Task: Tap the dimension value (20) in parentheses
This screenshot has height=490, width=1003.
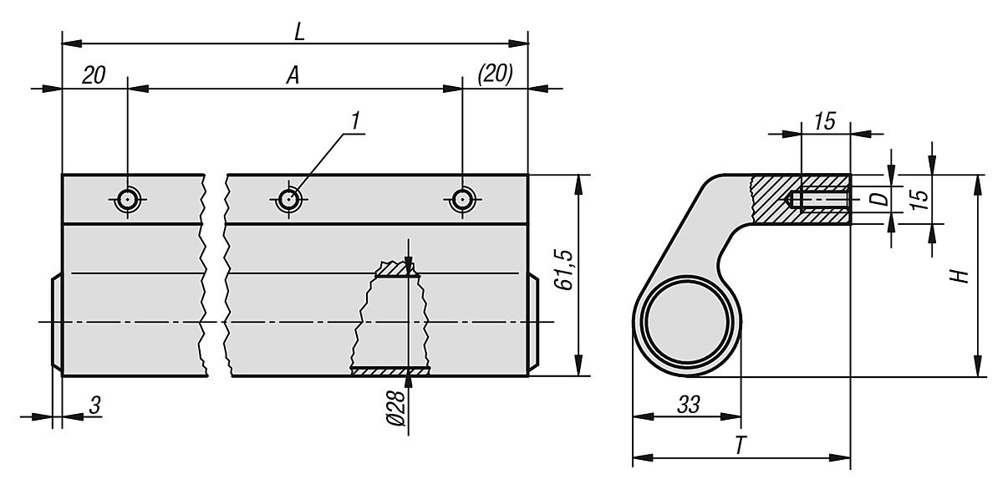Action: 496,74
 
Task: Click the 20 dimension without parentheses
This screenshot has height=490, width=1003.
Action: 94,75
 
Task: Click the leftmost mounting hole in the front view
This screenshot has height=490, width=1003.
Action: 127,199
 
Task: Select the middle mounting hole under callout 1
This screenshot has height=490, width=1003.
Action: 289,199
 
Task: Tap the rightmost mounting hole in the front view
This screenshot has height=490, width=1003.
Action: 462,199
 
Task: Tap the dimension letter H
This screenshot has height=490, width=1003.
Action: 962,273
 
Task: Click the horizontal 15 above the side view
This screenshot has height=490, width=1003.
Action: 824,121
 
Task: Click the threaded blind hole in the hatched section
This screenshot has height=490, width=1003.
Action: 819,201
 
